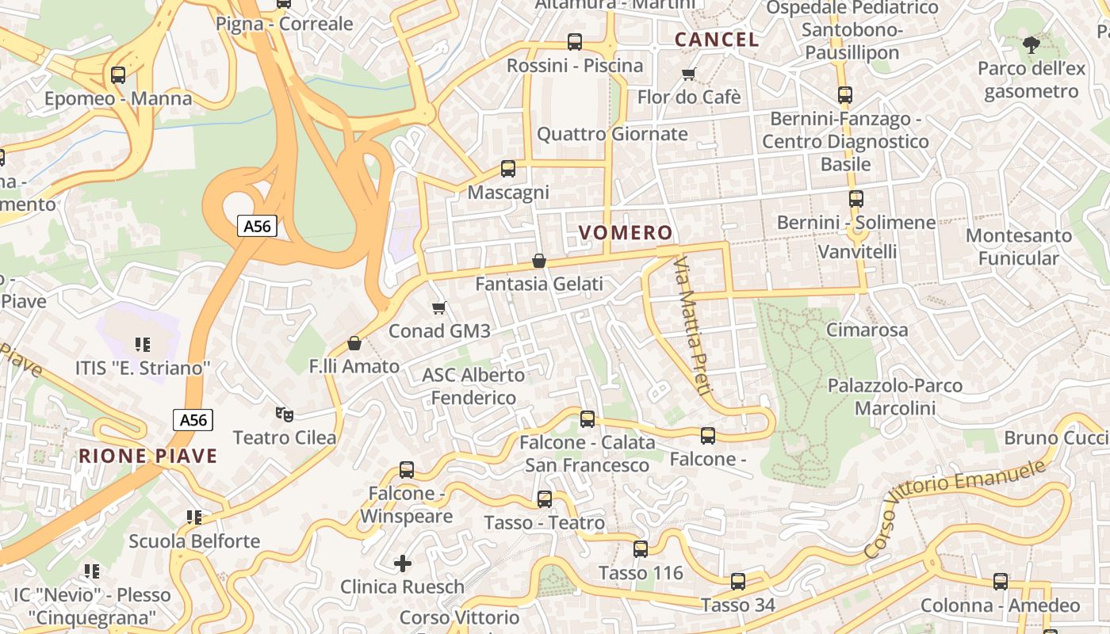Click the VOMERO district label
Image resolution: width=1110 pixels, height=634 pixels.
pyautogui.click(x=626, y=233)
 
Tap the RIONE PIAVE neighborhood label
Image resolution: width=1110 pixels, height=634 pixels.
pyautogui.click(x=147, y=456)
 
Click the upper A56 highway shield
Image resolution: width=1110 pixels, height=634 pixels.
pyautogui.click(x=257, y=227)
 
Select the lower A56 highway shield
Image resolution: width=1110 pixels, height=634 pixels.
pyautogui.click(x=193, y=420)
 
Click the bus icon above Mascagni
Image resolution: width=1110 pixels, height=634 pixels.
pyautogui.click(x=508, y=169)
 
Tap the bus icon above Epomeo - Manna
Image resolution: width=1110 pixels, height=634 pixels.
pyautogui.click(x=118, y=75)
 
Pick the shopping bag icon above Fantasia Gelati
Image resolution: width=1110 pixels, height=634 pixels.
pyautogui.click(x=539, y=261)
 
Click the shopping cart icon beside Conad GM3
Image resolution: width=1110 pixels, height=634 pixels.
pyautogui.click(x=439, y=307)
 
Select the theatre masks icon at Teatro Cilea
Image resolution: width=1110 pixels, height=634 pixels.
pyautogui.click(x=284, y=414)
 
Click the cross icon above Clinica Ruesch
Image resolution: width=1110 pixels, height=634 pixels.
pyautogui.click(x=403, y=563)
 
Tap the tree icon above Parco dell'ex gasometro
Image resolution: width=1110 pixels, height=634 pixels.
pyautogui.click(x=1031, y=45)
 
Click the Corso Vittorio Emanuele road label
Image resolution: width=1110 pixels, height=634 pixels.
pyautogui.click(x=955, y=501)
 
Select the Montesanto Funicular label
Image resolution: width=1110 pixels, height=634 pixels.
pyautogui.click(x=1018, y=246)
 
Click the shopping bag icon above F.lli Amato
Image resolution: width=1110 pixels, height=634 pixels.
pyautogui.click(x=354, y=343)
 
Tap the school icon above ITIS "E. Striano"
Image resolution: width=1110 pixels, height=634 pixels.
pyautogui.click(x=143, y=345)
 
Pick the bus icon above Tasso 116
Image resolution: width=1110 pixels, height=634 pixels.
pyautogui.click(x=641, y=549)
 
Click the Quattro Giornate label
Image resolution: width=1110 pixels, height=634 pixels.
pyautogui.click(x=612, y=134)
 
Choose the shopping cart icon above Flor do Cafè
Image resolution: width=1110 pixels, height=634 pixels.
pyautogui.click(x=688, y=74)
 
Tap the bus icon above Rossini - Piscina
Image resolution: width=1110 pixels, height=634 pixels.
pyautogui.click(x=575, y=42)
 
